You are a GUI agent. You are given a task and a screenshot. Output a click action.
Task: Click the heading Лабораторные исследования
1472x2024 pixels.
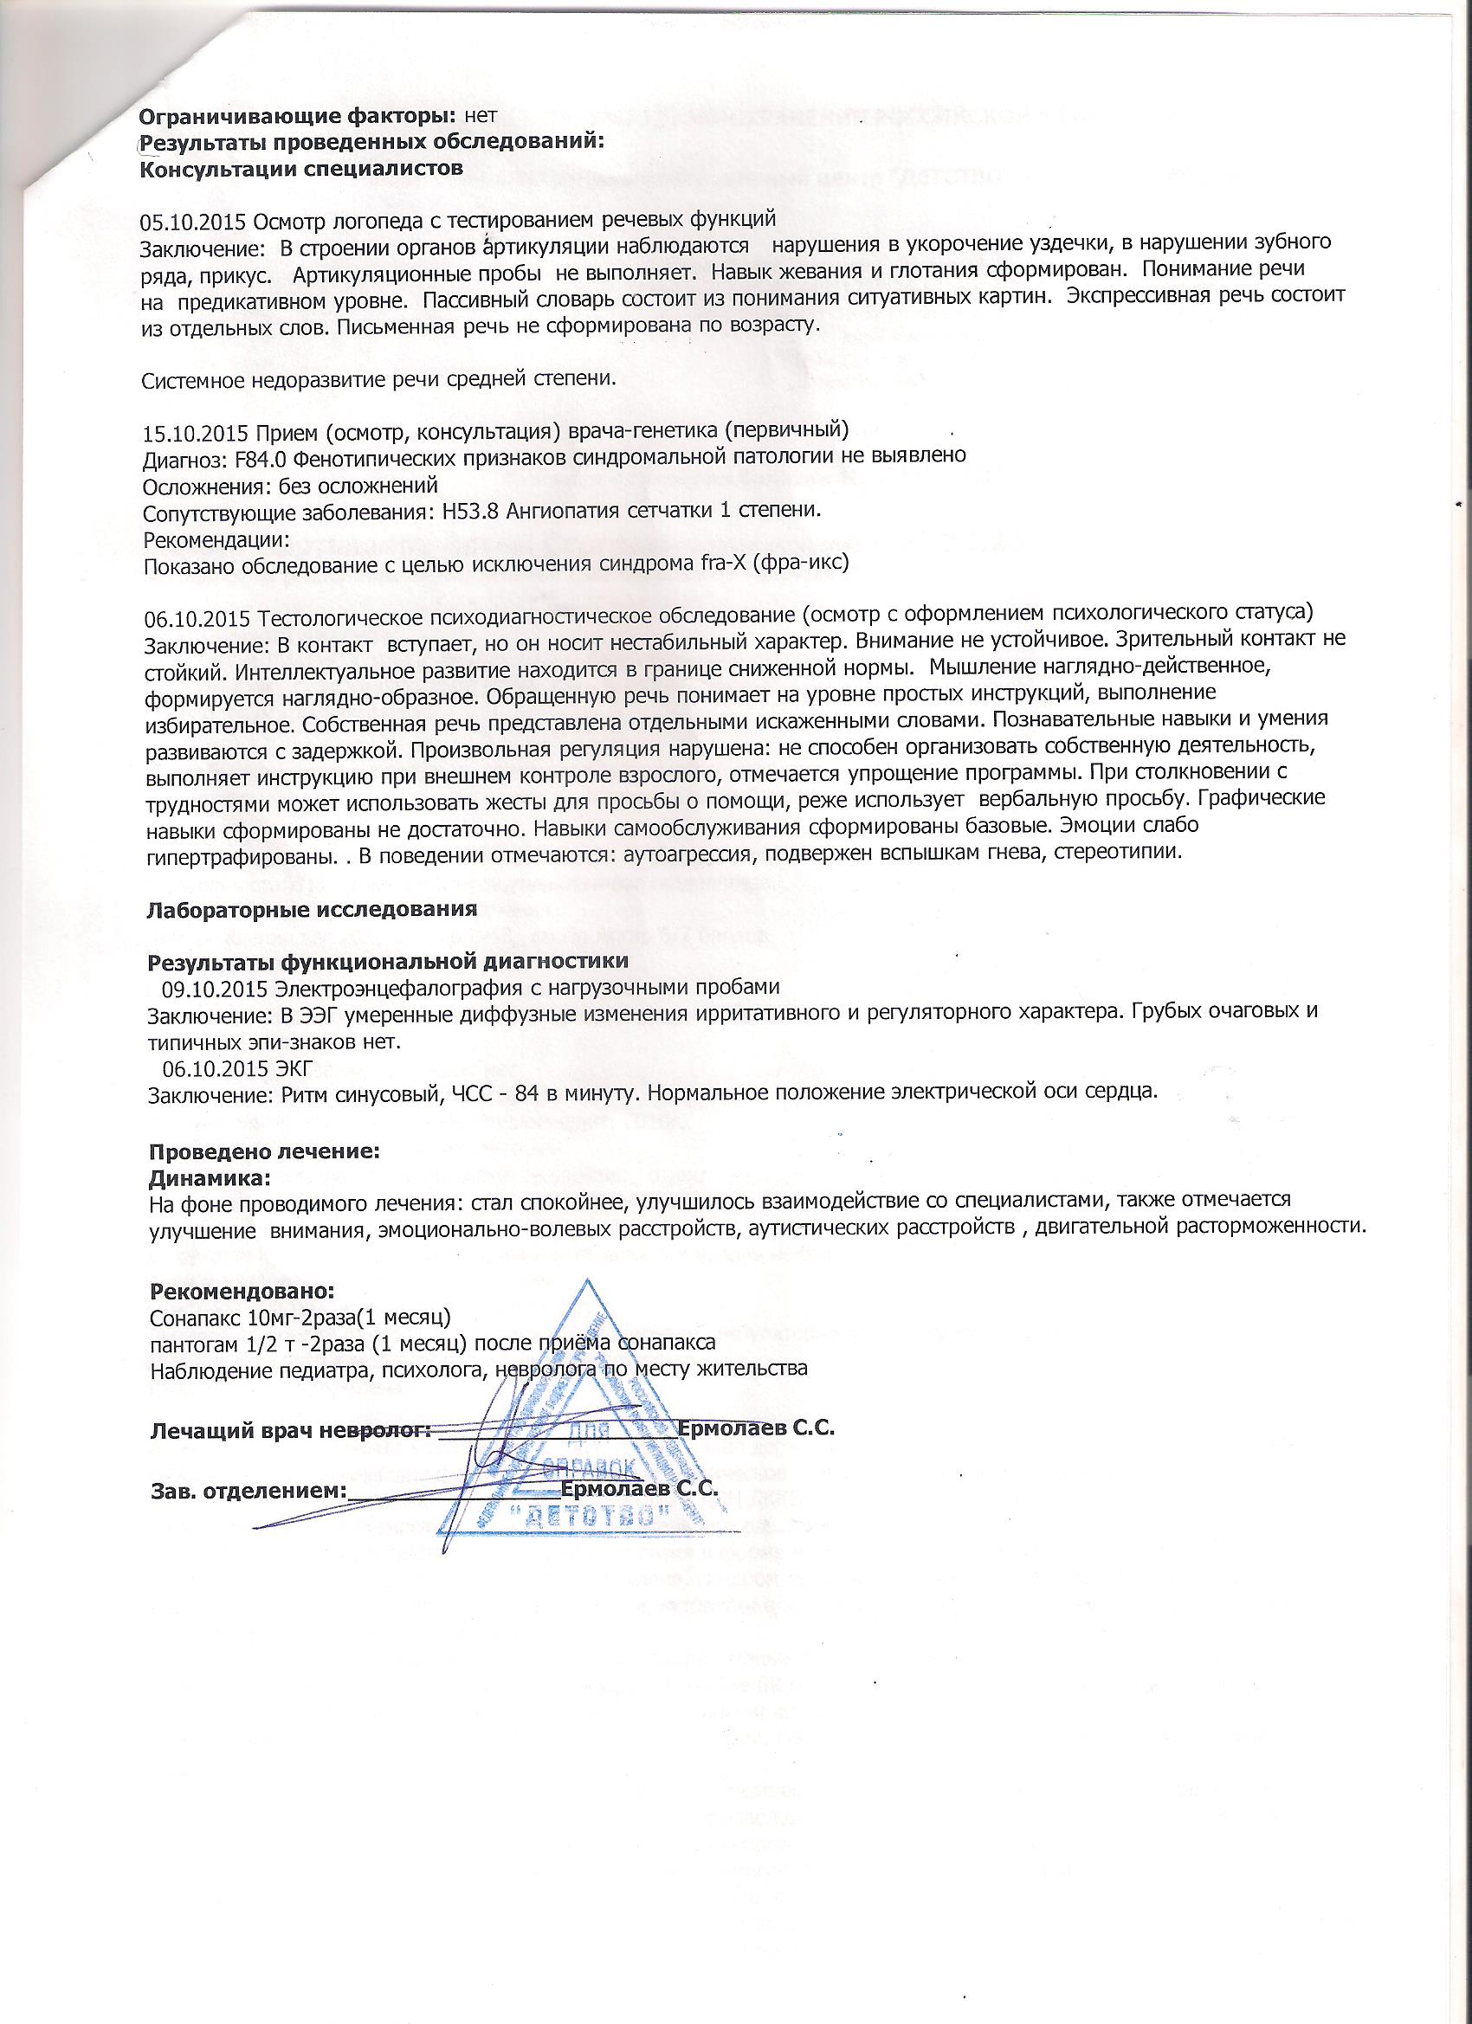[312, 910]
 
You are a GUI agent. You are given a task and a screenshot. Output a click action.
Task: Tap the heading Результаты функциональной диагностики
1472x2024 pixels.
[388, 961]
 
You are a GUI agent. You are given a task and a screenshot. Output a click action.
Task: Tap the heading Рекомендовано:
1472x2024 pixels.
[242, 1292]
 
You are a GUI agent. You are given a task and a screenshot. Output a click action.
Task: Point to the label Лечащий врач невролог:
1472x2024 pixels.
[290, 1428]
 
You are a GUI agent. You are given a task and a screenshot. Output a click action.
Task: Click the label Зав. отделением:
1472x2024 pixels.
[248, 1492]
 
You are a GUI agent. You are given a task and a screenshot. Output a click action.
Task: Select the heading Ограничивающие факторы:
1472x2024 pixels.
[297, 116]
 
